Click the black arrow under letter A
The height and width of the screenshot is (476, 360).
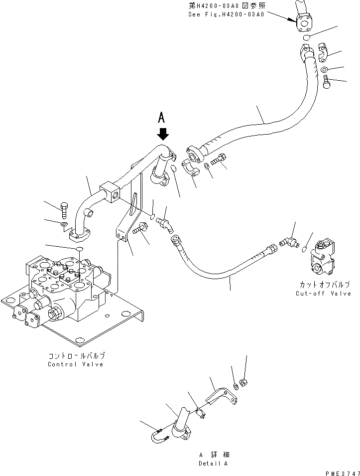click(x=163, y=134)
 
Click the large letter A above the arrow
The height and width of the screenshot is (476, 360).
click(x=161, y=118)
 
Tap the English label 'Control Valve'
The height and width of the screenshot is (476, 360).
click(x=76, y=364)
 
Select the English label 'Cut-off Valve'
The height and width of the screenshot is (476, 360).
click(x=323, y=293)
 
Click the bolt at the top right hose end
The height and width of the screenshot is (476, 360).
click(x=327, y=81)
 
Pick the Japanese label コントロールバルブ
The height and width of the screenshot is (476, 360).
click(x=76, y=356)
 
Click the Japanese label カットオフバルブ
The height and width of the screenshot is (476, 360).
click(x=323, y=285)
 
